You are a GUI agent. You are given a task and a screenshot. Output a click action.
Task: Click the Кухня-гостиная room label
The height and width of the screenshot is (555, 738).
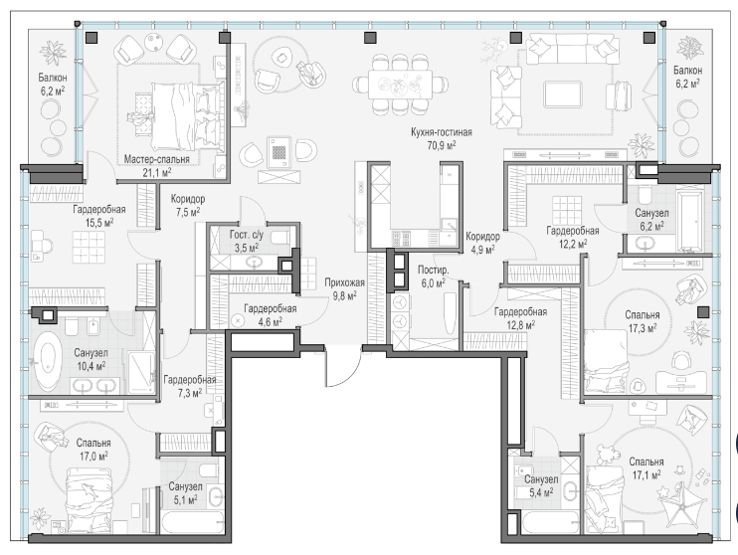pyautogui.click(x=441, y=139)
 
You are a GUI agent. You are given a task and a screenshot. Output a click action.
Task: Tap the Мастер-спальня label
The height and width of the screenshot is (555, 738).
pyautogui.click(x=157, y=159)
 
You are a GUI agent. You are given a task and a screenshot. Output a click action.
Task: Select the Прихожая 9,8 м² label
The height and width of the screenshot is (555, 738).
pyautogui.click(x=344, y=289)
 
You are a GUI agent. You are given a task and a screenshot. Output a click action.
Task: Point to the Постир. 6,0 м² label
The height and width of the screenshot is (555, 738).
pyautogui.click(x=433, y=277)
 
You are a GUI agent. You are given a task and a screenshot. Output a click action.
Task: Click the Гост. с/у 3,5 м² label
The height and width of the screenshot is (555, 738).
pyautogui.click(x=246, y=241)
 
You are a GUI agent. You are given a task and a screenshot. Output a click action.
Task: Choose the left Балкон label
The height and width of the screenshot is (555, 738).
pyautogui.click(x=53, y=78)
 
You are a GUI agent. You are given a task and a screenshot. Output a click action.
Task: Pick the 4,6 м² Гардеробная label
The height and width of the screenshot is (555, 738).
pyautogui.click(x=270, y=315)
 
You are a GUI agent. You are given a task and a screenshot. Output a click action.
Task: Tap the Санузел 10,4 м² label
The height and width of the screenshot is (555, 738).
pyautogui.click(x=91, y=359)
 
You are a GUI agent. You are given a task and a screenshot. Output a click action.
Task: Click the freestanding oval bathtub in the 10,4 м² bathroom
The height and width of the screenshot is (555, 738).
pyautogui.click(x=46, y=360)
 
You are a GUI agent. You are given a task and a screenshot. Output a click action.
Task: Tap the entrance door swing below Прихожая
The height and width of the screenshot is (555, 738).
pyautogui.click(x=342, y=367)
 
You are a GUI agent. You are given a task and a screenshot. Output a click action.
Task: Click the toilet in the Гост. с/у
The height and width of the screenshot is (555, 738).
pyautogui.click(x=282, y=237)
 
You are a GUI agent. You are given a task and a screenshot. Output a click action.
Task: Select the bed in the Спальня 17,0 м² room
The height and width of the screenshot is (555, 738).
pyautogui.click(x=89, y=500)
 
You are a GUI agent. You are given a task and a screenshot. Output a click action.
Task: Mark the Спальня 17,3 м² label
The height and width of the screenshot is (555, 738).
pyautogui.click(x=643, y=320)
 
